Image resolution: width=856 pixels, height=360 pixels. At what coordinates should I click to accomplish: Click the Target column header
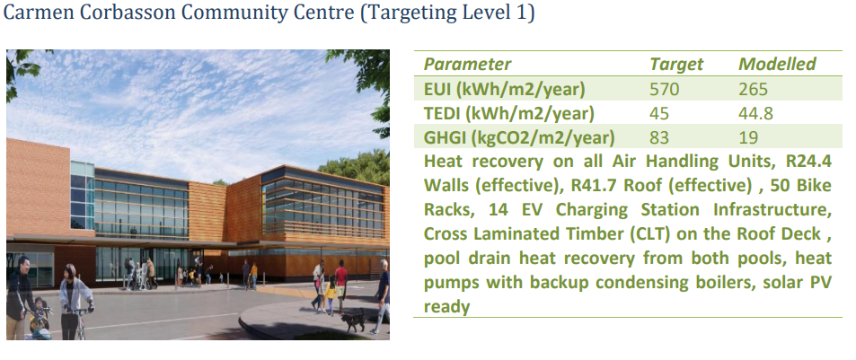click(676, 65)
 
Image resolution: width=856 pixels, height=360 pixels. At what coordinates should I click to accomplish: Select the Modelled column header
click(777, 65)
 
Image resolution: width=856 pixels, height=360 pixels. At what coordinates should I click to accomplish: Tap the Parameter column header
click(467, 65)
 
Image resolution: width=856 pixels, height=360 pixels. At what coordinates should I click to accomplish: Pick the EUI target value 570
click(665, 89)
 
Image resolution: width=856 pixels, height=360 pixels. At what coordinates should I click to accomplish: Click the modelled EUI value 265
click(754, 89)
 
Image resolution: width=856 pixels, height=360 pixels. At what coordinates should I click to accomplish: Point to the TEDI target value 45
click(659, 113)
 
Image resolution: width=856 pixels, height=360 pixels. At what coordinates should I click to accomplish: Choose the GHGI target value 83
click(659, 137)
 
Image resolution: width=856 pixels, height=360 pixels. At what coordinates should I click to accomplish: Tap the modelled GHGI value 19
click(748, 137)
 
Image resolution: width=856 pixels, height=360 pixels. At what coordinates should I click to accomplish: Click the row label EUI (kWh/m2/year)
click(505, 89)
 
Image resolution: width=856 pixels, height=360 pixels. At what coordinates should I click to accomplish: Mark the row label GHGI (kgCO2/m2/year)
click(519, 138)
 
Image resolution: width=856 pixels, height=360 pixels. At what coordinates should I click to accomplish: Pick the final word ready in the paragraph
click(446, 307)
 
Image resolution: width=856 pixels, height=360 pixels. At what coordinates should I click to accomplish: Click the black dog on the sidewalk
click(353, 320)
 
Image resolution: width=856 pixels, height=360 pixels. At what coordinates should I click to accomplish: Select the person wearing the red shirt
click(341, 284)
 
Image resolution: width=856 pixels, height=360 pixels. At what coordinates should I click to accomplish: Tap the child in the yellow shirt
click(331, 295)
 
